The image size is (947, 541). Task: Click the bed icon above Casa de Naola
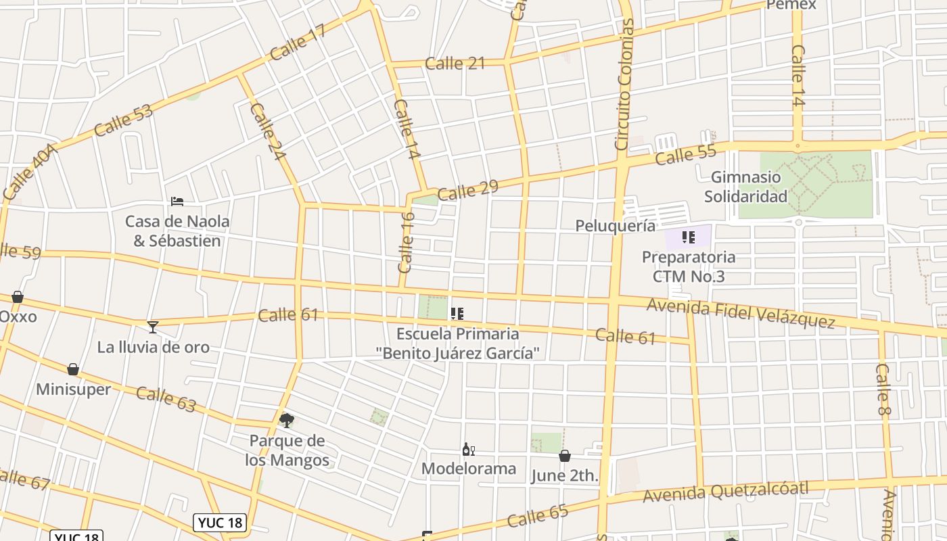click(x=177, y=202)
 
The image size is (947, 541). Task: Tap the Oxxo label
click(x=18, y=316)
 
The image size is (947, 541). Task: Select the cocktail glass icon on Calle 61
click(x=153, y=327)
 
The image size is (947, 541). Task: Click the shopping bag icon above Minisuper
click(x=73, y=369)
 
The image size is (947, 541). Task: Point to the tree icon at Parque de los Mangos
click(x=287, y=421)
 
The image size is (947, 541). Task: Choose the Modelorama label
click(x=468, y=469)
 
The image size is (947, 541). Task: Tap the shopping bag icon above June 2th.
click(x=565, y=456)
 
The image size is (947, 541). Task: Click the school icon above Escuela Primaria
click(x=457, y=313)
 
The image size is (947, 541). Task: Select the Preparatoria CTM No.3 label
click(x=688, y=266)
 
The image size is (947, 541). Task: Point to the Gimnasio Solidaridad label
click(x=745, y=187)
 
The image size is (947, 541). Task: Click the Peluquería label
click(x=615, y=225)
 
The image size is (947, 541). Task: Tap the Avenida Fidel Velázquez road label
click(x=741, y=314)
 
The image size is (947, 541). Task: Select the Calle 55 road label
click(x=685, y=156)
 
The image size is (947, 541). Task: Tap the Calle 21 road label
click(x=455, y=64)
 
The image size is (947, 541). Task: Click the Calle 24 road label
click(x=268, y=131)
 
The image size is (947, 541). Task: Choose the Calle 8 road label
click(x=883, y=391)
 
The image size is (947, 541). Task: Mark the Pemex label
click(x=791, y=5)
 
